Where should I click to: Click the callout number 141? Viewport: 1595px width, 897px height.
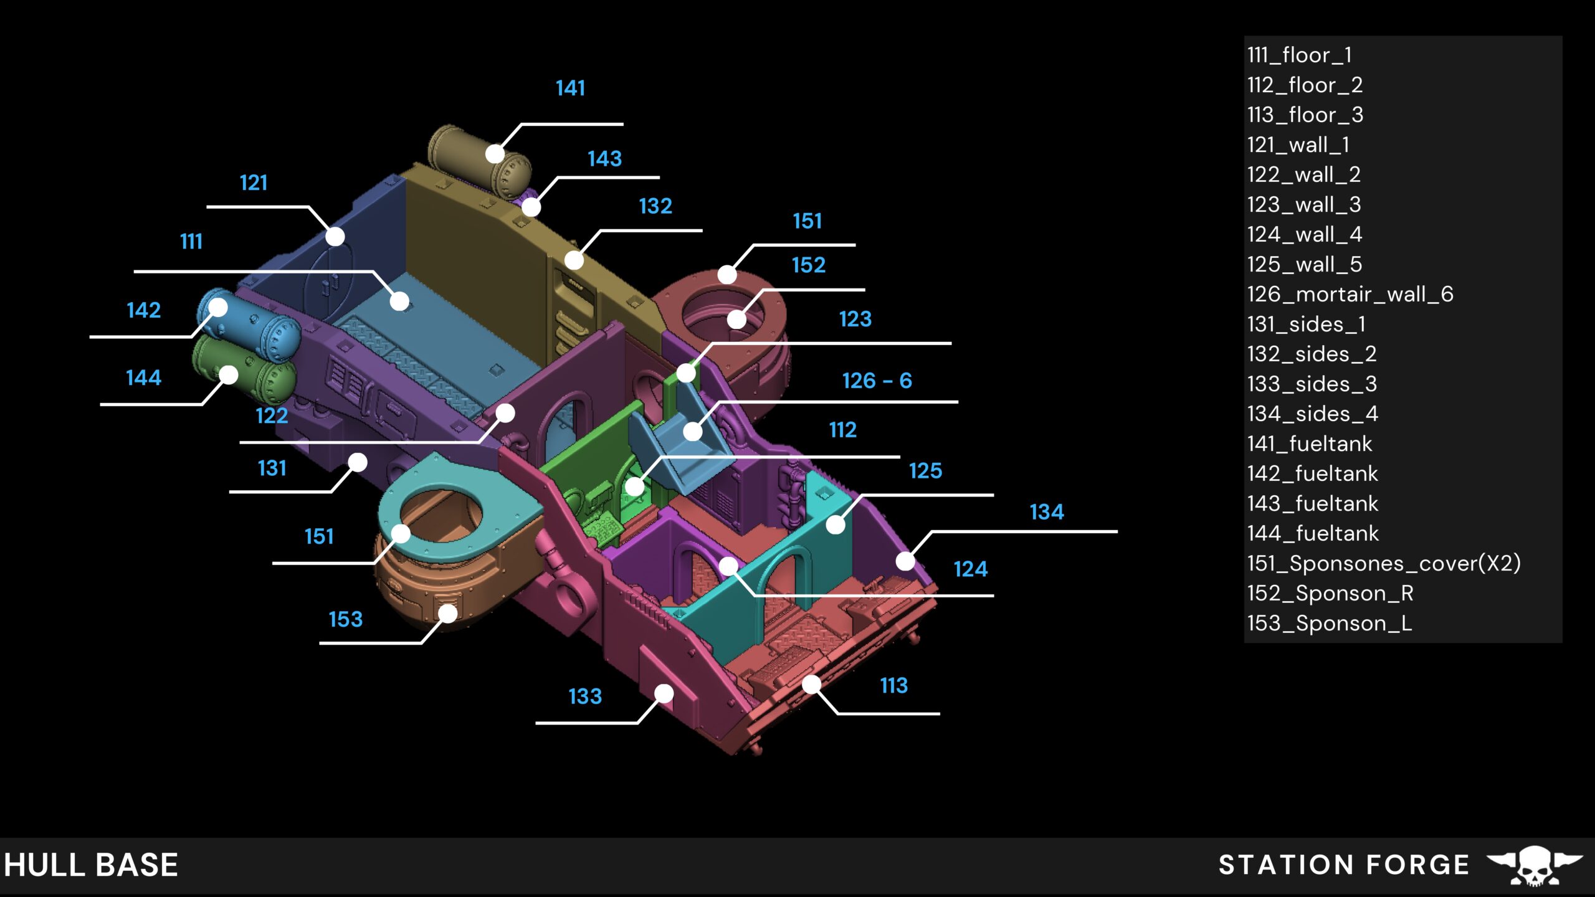coord(570,88)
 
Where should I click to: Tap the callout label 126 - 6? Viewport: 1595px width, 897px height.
coord(877,381)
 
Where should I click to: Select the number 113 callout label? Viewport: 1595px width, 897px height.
coord(893,686)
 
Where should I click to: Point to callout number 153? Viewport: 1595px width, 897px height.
coord(345,619)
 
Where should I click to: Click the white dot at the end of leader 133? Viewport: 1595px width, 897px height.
coord(664,693)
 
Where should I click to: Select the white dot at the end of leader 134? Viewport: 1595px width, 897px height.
coord(905,561)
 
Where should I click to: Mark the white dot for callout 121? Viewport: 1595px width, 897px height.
coord(335,237)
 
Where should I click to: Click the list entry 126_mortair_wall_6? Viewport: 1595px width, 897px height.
coord(1350,294)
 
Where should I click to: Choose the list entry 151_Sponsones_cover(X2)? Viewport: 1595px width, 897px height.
coord(1383,563)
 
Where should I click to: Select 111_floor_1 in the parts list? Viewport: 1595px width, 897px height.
coord(1299,55)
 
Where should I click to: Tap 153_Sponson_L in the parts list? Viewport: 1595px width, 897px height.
coord(1329,623)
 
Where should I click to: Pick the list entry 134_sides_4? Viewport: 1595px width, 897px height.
coord(1312,414)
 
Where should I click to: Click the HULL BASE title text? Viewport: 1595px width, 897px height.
coord(92,865)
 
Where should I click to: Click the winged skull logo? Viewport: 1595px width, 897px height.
coord(1534,865)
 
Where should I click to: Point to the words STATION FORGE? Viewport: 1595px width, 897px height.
coord(1343,865)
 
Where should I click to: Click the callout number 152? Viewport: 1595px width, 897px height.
coord(808,265)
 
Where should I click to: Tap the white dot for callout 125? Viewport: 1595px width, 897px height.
coord(836,524)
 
